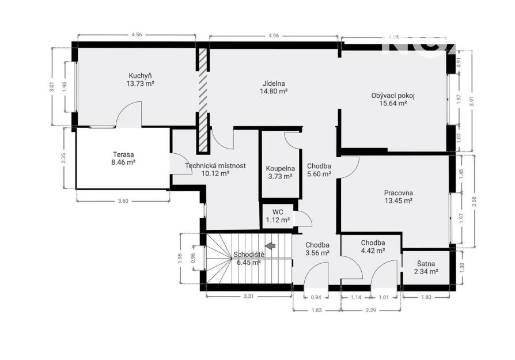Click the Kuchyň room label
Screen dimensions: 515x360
[x=140, y=75]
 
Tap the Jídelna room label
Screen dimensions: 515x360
[x=274, y=84]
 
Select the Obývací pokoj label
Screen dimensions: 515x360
[x=393, y=96]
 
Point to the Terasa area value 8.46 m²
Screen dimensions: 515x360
[x=123, y=162]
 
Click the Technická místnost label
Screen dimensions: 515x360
[x=215, y=166]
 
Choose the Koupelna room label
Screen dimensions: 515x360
[x=280, y=169]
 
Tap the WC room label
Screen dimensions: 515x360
[x=278, y=212]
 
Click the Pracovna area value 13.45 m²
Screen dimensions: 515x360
[x=399, y=200]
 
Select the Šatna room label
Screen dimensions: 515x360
[x=426, y=263]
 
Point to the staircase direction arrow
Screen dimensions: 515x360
[x=270, y=245]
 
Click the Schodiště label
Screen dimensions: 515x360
[x=249, y=255]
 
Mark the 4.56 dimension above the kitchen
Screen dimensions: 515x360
[x=137, y=35]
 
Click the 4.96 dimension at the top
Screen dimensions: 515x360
[x=273, y=36]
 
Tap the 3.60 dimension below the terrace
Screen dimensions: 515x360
[x=123, y=201]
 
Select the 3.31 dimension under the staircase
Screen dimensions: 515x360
[x=249, y=296]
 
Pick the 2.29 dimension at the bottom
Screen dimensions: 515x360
[x=370, y=310]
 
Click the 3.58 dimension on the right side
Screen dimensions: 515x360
[x=474, y=201]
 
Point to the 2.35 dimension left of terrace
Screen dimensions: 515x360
[x=63, y=158]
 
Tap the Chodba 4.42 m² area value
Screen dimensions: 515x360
[x=373, y=251]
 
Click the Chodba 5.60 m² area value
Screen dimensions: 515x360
[x=319, y=174]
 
